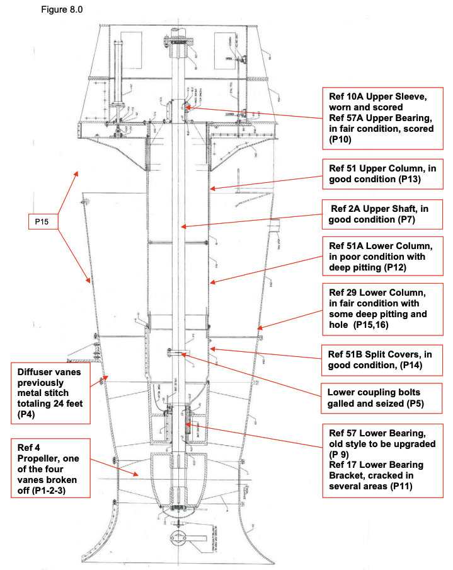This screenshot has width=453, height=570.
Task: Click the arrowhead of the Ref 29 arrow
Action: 258,327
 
